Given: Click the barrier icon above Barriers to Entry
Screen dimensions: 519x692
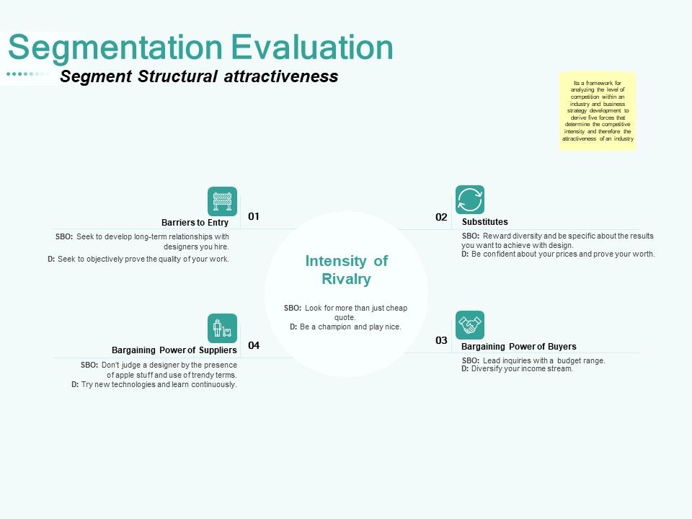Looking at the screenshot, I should click(x=222, y=201).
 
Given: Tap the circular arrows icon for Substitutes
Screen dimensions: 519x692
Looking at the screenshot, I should click(x=470, y=200).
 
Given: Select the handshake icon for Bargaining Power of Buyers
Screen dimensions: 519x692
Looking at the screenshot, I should click(x=470, y=325).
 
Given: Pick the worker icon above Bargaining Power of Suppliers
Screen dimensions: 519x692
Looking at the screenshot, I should click(x=222, y=328).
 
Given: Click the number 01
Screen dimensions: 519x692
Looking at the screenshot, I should click(x=254, y=216).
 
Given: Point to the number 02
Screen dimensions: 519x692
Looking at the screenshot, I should click(x=441, y=217).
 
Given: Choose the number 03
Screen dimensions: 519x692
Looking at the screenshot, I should click(x=441, y=340).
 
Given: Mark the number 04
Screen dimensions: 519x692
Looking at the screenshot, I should click(x=254, y=345).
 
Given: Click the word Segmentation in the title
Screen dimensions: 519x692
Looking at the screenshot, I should click(x=116, y=48).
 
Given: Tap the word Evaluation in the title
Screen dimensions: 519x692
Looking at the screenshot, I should click(x=312, y=48).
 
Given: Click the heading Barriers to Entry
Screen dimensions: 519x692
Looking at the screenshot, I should click(x=195, y=223).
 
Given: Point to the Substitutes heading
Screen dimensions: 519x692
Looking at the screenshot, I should click(x=484, y=222).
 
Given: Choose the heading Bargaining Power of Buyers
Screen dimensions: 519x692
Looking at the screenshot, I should click(x=518, y=346).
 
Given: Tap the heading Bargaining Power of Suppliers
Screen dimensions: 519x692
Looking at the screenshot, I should click(x=174, y=350).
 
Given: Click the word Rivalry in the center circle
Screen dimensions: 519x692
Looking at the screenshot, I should click(x=346, y=279).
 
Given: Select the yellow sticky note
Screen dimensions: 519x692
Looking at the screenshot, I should click(x=598, y=111).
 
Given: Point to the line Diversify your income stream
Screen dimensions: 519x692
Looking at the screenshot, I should click(x=522, y=368).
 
